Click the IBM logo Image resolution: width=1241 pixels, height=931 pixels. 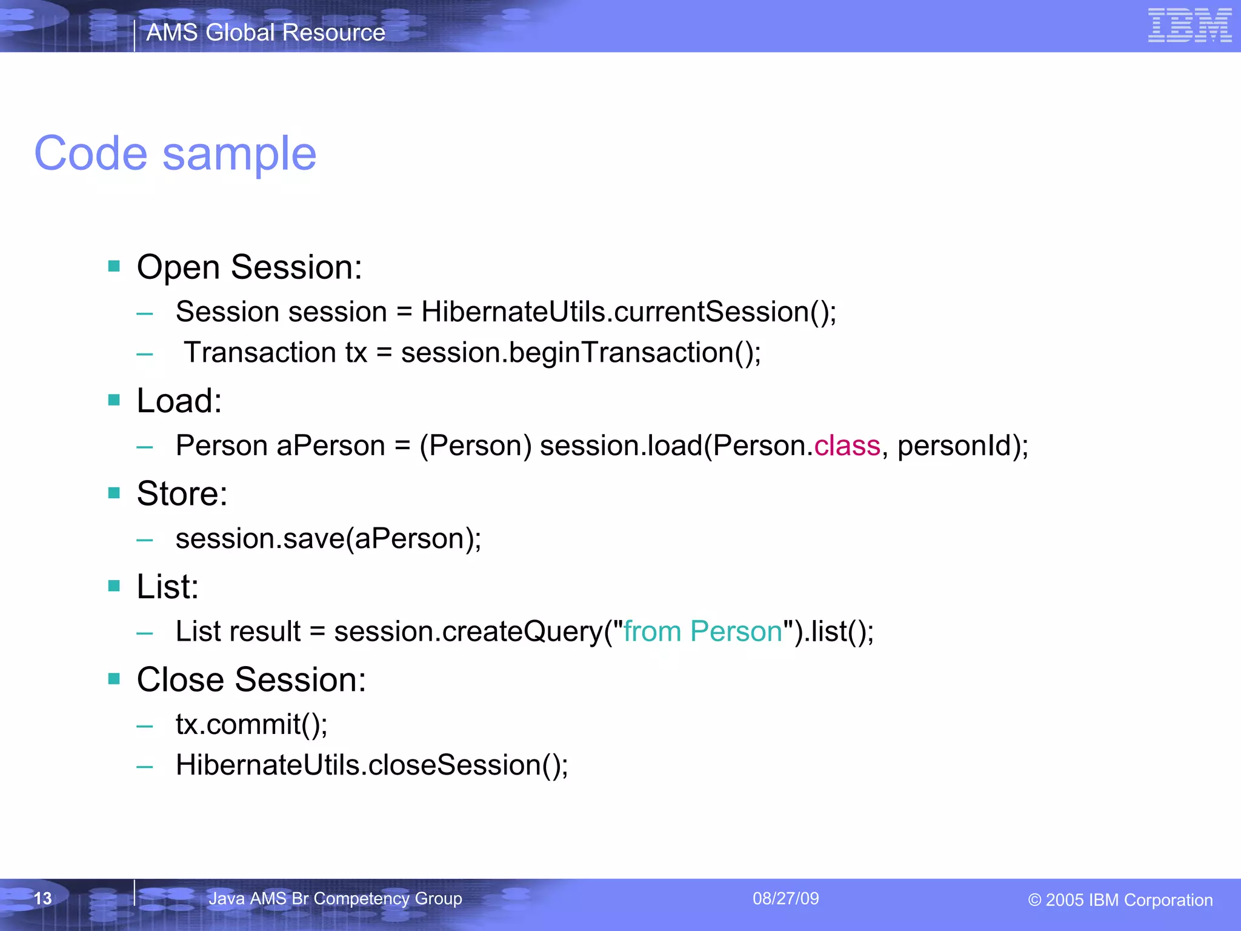coord(1189,25)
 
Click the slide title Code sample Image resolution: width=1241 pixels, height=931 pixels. coord(175,154)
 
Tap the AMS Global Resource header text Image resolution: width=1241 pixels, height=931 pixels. coord(265,33)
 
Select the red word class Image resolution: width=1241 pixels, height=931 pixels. coord(847,446)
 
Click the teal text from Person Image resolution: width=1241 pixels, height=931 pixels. coord(703,632)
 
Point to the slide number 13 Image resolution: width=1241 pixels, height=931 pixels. coord(42,898)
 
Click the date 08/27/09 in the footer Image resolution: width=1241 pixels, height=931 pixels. coord(785,898)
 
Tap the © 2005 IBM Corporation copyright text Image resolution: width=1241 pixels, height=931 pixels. coord(1120,900)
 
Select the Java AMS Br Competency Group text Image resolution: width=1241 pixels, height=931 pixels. coord(335,898)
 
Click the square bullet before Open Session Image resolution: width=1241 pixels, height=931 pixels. coord(114,266)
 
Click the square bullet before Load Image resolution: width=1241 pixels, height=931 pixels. coord(114,400)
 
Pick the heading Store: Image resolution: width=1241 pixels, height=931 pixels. coord(182,493)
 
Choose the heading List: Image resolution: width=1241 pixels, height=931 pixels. coord(167,587)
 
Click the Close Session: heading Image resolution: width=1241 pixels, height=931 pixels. coord(251,679)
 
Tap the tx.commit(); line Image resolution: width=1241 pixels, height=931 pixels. coord(251,724)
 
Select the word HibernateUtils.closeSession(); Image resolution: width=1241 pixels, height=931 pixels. coord(371,765)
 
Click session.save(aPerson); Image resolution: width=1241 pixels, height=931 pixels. coord(328,539)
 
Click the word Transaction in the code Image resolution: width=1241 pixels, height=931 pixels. coord(260,353)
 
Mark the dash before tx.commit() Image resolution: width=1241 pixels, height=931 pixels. coord(144,726)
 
